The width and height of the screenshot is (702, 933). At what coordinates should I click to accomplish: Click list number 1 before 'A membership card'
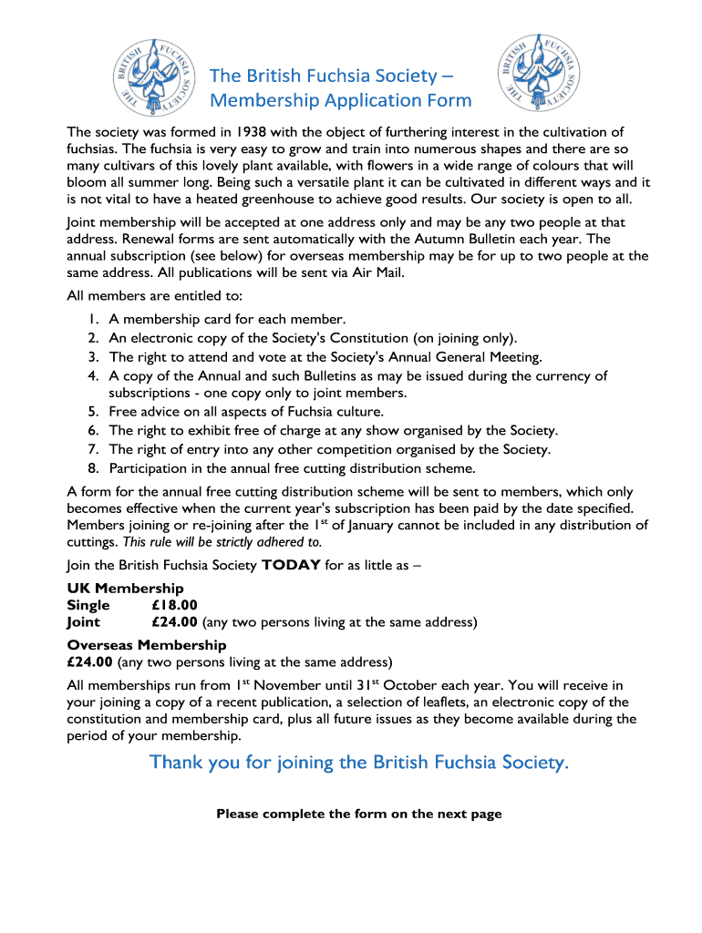tap(94, 319)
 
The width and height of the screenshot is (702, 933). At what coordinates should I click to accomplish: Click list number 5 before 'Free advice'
tap(94, 412)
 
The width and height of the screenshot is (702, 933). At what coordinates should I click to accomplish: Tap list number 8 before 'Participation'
tap(94, 468)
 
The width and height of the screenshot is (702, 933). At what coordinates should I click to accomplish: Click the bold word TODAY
tap(291, 564)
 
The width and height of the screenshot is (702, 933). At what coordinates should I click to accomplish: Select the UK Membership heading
tap(126, 588)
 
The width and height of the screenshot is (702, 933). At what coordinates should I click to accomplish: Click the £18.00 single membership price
tap(175, 605)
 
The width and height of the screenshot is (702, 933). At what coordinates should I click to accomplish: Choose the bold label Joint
tap(84, 623)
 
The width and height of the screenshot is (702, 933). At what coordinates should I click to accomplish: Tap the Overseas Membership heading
tap(147, 645)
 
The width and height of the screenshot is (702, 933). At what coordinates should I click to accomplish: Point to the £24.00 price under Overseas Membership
tap(89, 662)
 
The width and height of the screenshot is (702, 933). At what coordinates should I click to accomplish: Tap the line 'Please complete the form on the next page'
tap(358, 814)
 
